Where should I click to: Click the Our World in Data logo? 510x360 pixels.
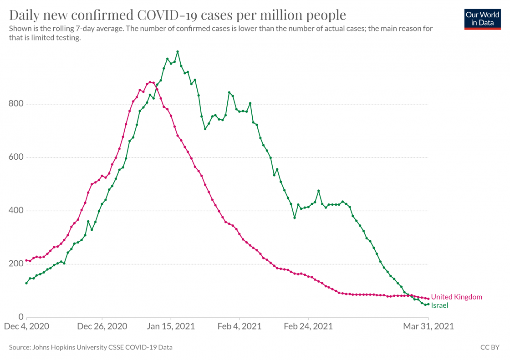[x=482, y=19]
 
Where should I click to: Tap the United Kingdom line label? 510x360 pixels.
[x=456, y=297]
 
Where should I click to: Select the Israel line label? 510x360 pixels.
[x=439, y=305]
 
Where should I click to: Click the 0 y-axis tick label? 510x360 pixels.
[x=21, y=317]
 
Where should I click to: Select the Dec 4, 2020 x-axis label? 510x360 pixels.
[x=26, y=326]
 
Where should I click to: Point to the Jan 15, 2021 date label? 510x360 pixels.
[x=171, y=326]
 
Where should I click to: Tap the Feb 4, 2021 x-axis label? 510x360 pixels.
[x=240, y=326]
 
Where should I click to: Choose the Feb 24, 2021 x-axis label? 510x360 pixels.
[x=308, y=326]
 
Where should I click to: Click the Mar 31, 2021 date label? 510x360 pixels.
[x=429, y=326]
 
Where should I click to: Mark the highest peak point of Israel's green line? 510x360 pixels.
[x=178, y=52]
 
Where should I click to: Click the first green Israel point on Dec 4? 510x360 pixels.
[x=26, y=283]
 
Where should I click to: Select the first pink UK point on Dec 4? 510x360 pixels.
[x=26, y=260]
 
